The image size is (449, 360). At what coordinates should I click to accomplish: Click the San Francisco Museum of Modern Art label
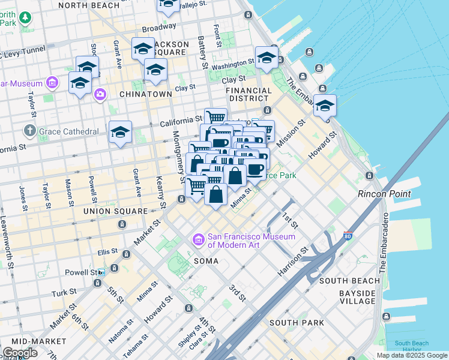pyautogui.click(x=252, y=240)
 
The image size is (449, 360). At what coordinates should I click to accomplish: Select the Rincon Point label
pyautogui.click(x=384, y=194)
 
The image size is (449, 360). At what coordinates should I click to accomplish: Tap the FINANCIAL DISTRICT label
pyautogui.click(x=248, y=94)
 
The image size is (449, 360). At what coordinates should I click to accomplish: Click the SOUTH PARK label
pyautogui.click(x=297, y=323)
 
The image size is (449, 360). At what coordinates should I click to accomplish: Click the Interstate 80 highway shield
pyautogui.click(x=348, y=235)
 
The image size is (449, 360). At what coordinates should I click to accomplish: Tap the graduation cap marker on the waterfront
pyautogui.click(x=325, y=107)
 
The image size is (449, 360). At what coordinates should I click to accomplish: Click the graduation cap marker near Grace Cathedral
pyautogui.click(x=120, y=133)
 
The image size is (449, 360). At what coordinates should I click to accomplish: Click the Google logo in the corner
pyautogui.click(x=20, y=353)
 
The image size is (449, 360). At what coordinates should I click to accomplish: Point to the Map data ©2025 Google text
pyautogui.click(x=411, y=355)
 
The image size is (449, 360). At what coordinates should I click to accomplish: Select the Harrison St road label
pyautogui.click(x=293, y=263)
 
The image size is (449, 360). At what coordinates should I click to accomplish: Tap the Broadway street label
pyautogui.click(x=159, y=28)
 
